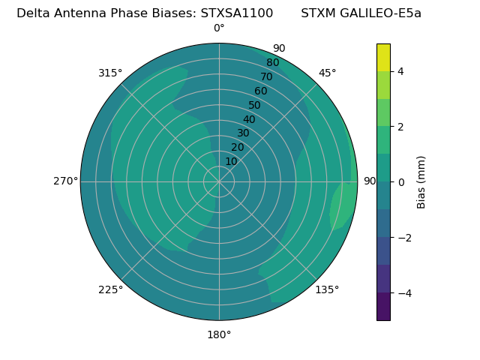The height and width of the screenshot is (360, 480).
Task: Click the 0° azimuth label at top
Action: pyautogui.click(x=219, y=28)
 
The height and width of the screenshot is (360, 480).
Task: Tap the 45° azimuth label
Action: pyautogui.click(x=327, y=73)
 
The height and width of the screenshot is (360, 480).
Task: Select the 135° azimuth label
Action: pyautogui.click(x=327, y=289)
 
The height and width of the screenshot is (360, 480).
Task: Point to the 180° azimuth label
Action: pyautogui.click(x=219, y=334)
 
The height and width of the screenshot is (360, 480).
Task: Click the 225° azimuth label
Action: pyautogui.click(x=110, y=289)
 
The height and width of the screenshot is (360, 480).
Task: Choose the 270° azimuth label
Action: pyautogui.click(x=66, y=181)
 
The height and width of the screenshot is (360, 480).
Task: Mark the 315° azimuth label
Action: pyautogui.click(x=110, y=73)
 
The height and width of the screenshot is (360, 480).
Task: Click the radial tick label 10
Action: pyautogui.click(x=231, y=161)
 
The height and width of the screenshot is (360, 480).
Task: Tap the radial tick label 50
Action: pyautogui.click(x=254, y=106)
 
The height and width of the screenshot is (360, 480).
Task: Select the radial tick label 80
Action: pyautogui.click(x=272, y=63)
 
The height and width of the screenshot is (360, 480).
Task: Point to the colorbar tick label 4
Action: pyautogui.click(x=401, y=71)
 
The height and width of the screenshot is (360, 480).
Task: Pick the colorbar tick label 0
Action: pyautogui.click(x=401, y=182)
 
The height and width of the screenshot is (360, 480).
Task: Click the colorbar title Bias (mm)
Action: pyautogui.click(x=421, y=182)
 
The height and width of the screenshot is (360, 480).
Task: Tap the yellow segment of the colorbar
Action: pyautogui.click(x=383, y=58)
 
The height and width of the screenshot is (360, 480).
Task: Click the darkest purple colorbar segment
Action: pyautogui.click(x=383, y=306)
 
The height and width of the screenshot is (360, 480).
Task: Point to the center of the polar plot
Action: pyautogui.click(x=219, y=181)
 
